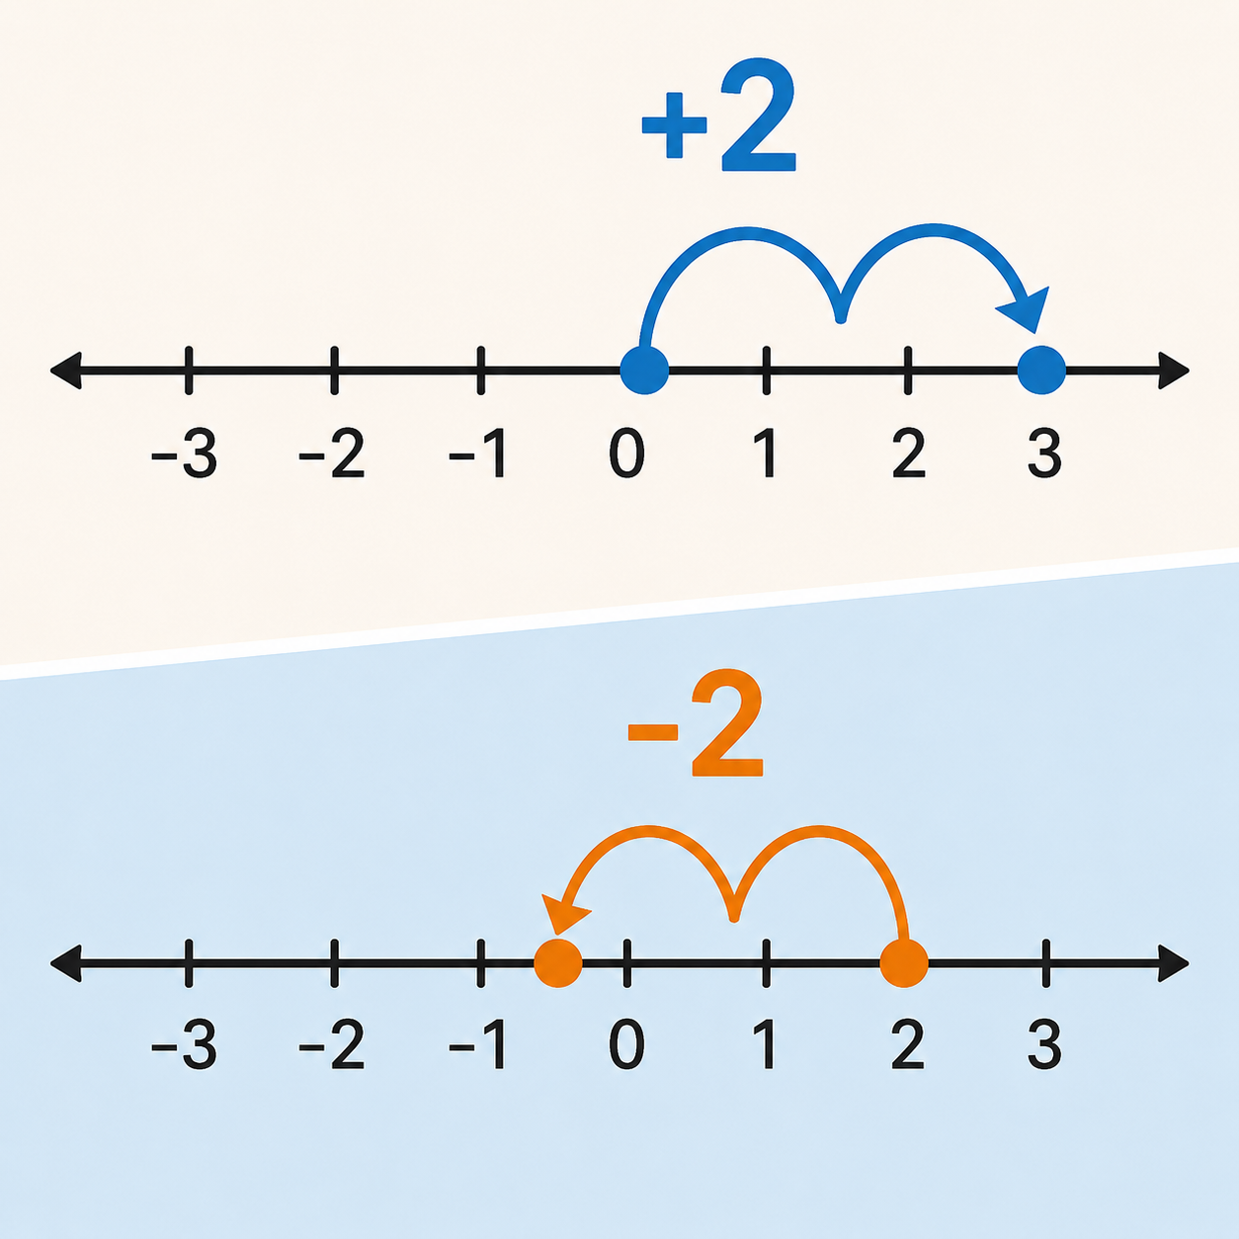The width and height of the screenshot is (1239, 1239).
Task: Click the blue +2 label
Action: (x=719, y=117)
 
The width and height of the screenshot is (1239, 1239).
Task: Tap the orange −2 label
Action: (x=695, y=722)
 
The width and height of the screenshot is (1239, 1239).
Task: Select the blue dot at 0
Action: (x=644, y=370)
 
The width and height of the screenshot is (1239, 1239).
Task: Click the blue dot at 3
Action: (x=1041, y=370)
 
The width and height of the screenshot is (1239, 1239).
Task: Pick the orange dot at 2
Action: (x=904, y=962)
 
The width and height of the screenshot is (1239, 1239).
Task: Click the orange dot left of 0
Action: (x=558, y=962)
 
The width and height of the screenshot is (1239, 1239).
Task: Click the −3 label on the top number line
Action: (x=184, y=454)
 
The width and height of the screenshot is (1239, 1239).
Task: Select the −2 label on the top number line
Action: (x=332, y=454)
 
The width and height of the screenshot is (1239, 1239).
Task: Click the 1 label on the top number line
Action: (x=765, y=454)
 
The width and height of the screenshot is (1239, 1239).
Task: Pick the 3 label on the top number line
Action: (x=1044, y=454)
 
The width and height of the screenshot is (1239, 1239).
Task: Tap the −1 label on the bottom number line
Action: (x=477, y=1044)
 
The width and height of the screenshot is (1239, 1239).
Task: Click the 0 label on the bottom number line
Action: (x=626, y=1045)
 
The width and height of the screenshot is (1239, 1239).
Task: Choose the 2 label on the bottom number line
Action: (x=909, y=1044)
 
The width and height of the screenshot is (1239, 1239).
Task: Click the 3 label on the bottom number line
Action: (x=1044, y=1045)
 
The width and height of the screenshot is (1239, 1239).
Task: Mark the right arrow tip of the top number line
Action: (x=1190, y=371)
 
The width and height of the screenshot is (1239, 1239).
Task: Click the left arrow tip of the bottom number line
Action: (x=50, y=963)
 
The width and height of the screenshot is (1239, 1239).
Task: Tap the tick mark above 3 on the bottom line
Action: (x=1046, y=962)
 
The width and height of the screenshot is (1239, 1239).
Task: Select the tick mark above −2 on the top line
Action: (x=334, y=370)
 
